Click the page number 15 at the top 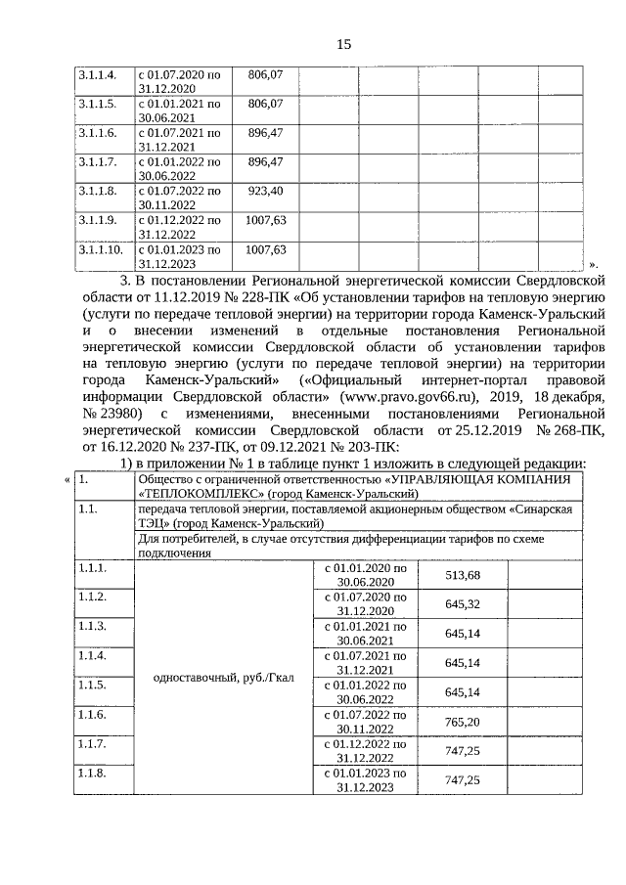point(343,44)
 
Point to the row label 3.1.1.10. point(101,250)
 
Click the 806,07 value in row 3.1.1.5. point(265,103)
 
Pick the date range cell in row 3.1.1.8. point(179,198)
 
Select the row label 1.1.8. point(92,773)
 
